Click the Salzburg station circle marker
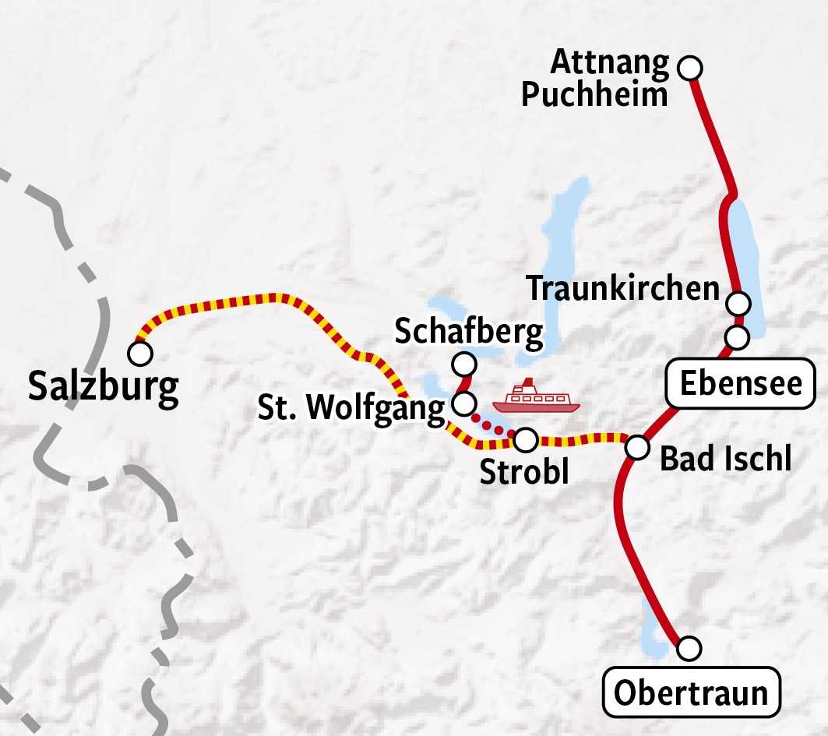point(140,354)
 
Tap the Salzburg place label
point(103,387)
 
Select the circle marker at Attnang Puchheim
point(689,69)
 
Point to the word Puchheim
point(594,95)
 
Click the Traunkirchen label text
point(623,288)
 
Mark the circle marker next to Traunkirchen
point(738,302)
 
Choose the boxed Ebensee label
point(741,383)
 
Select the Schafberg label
point(469,332)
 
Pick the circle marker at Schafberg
point(464,364)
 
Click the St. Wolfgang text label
point(352,407)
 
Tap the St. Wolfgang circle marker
point(463,403)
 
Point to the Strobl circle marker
point(526,440)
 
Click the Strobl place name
point(524,472)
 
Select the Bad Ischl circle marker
point(637,447)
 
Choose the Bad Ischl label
point(725,460)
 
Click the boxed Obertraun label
point(691,692)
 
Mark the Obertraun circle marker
point(689,647)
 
